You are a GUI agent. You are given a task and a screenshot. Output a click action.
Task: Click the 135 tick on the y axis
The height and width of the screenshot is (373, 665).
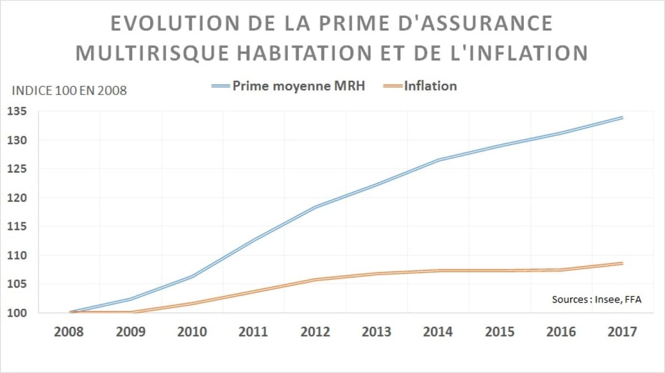pos(17,111)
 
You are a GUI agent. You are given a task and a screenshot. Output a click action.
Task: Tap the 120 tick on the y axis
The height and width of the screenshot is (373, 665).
pos(17,198)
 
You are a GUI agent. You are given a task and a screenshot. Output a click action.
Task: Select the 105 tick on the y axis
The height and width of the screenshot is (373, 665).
pos(17,284)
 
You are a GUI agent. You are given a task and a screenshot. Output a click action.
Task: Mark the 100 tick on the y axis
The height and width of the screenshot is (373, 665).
pos(17,313)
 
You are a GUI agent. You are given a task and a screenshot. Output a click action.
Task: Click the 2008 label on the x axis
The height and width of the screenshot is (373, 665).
pos(69,332)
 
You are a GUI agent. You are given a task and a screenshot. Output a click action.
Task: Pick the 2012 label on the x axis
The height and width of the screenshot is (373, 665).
pos(315,332)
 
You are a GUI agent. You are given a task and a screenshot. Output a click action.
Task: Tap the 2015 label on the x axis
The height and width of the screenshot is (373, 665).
pos(500,332)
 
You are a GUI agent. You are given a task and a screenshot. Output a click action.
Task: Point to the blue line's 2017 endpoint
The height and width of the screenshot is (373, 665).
pos(623,117)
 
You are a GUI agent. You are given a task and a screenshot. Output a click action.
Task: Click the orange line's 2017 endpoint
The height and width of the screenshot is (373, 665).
pos(623,263)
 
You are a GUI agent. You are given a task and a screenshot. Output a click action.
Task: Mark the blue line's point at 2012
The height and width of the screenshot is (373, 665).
pos(315,207)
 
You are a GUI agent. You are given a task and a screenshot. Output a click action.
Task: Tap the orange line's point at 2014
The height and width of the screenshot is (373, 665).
pos(438,270)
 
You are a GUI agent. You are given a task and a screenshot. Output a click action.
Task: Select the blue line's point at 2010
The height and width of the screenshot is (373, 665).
pos(192,276)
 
